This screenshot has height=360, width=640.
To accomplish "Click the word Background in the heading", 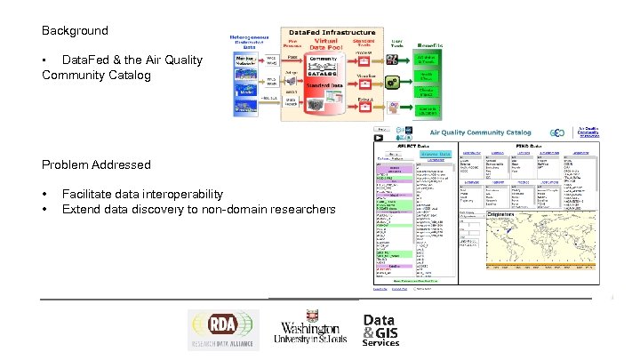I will tap(75, 30).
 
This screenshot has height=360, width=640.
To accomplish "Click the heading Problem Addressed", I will tap(96, 164).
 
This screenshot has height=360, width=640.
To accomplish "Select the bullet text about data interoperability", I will tap(142, 194).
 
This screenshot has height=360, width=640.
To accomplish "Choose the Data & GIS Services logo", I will tap(380, 331).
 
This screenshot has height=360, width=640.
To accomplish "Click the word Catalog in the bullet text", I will tap(132, 75).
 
